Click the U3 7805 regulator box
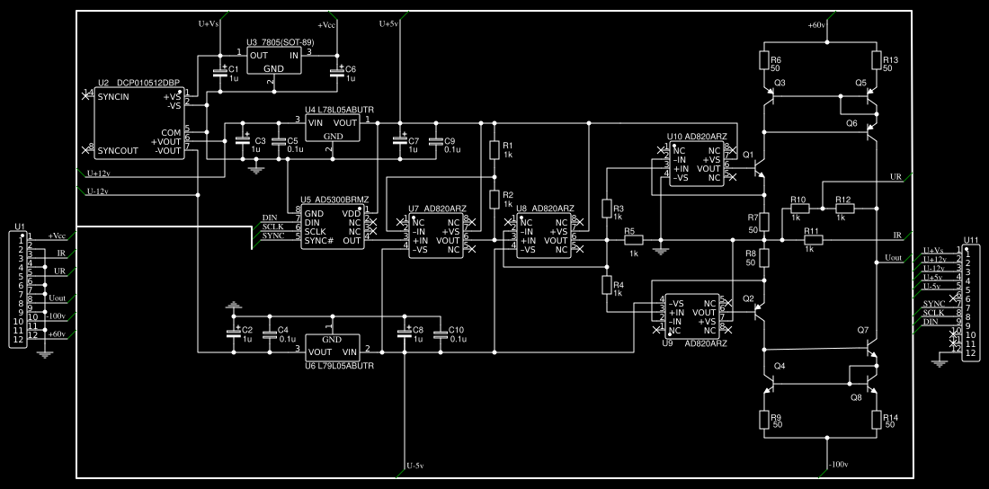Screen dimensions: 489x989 tap(274, 61)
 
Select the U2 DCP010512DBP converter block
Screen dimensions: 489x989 tap(139, 123)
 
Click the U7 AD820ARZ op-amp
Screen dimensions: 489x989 tap(436, 236)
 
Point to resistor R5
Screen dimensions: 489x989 tap(634, 240)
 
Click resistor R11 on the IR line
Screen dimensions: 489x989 tap(813, 240)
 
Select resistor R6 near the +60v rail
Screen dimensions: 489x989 tap(763, 61)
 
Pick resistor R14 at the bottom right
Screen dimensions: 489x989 tap(876, 420)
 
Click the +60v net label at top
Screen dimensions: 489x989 tap(816, 25)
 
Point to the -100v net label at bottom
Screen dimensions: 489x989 tap(837, 465)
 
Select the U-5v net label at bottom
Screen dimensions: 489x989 tap(414, 466)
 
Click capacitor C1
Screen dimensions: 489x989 tap(219, 73)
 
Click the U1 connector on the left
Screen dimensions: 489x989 tap(18, 288)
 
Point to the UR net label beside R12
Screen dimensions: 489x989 tap(895, 176)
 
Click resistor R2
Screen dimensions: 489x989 tap(494, 198)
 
